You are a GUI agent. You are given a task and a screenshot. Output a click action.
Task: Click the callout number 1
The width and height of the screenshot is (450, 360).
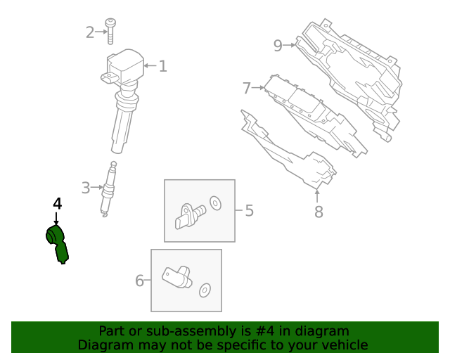coord(162,66)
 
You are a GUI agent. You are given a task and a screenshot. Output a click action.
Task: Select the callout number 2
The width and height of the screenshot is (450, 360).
coord(90,32)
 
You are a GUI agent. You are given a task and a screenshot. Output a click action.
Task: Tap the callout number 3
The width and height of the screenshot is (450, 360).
coord(86,188)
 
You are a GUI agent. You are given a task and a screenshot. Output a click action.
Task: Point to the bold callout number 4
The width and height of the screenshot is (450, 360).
coord(58,203)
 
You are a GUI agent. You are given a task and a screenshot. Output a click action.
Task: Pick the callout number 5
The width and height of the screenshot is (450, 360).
coord(250,211)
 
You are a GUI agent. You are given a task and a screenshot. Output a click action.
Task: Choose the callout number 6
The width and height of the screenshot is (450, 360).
coord(139,281)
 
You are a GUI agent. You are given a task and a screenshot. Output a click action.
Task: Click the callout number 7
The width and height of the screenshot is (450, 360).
coord(247,88)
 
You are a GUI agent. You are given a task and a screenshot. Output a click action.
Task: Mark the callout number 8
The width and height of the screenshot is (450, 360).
coord(319,212)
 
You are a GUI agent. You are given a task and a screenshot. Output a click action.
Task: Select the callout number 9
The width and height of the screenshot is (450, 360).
coord(278,46)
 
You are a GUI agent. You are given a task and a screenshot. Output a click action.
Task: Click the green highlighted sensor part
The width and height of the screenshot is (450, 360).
coord(58,244)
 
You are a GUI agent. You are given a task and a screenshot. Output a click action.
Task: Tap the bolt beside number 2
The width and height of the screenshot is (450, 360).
coord(110,32)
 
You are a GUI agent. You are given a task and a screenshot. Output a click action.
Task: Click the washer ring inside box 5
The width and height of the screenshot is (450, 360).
coord(215,203)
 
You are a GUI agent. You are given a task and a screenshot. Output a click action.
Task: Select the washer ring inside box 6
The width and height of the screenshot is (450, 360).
coord(205,290)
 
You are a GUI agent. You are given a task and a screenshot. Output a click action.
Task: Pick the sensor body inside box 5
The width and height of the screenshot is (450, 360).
coord(189,216)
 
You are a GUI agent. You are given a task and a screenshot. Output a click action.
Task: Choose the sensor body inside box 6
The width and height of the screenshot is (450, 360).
coord(176,277)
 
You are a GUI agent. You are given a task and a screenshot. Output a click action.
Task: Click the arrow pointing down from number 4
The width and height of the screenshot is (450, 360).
coord(56,219)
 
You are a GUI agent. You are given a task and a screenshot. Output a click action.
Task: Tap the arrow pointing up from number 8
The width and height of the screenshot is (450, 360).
coord(317,195)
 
